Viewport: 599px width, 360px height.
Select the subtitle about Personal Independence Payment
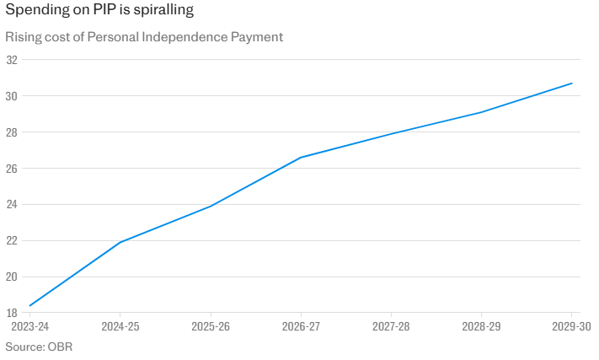coord(144,37)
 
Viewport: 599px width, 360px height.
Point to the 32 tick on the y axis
coord(12,60)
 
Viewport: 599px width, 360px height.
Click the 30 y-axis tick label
coord(12,96)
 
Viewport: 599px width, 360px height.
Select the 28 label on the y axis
coord(12,132)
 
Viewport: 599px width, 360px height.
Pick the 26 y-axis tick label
coord(12,169)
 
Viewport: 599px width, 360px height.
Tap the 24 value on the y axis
coord(12,205)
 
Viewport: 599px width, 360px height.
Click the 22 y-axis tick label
coord(12,241)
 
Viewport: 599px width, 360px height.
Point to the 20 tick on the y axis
coord(12,277)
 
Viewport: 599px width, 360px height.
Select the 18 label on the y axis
coord(12,313)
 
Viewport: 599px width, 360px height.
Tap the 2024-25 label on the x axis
coord(120,326)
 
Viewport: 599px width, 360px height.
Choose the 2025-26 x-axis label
coord(210,326)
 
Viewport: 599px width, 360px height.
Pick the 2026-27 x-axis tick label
coord(301,326)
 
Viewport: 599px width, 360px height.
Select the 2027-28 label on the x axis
coord(391,326)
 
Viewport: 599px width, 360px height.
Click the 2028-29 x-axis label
coord(481,326)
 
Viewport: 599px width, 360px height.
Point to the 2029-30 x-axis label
coord(572,326)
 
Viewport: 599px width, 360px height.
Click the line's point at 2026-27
coord(301,158)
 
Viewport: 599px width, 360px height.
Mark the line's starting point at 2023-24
coord(30,305)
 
